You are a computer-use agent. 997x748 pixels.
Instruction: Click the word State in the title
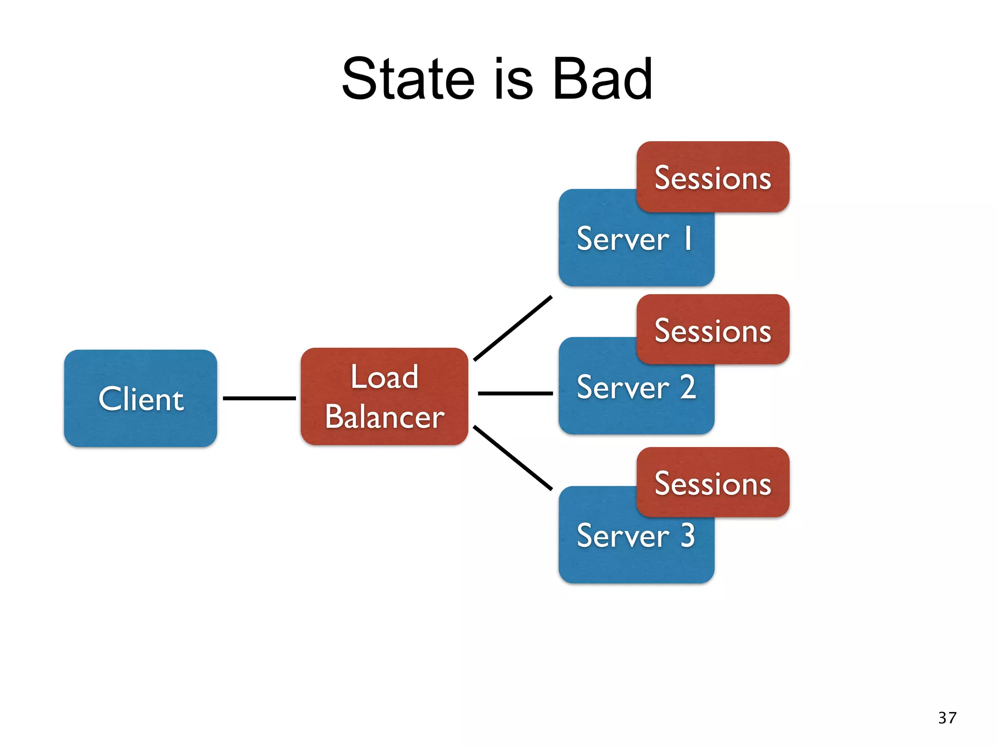click(x=408, y=79)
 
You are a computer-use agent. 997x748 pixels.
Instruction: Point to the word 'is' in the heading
click(x=514, y=79)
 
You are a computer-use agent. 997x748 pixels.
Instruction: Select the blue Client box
click(x=141, y=398)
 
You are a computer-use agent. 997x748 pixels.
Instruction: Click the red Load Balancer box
click(x=385, y=396)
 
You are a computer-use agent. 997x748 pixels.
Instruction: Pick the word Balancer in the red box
click(x=385, y=417)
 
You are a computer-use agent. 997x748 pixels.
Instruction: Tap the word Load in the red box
click(x=385, y=377)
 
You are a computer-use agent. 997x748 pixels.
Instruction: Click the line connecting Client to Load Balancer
click(x=259, y=398)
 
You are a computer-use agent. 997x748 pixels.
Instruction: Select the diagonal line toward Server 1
click(x=513, y=328)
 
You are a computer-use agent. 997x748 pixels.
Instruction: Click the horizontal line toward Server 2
click(x=515, y=393)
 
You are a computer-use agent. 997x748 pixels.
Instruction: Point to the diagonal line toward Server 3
click(x=513, y=458)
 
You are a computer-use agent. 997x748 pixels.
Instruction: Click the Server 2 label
click(x=636, y=388)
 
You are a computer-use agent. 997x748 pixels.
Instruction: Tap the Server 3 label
click(x=636, y=536)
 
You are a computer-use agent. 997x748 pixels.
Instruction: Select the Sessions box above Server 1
click(x=713, y=177)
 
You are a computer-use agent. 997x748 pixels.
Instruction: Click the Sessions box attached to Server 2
click(x=713, y=330)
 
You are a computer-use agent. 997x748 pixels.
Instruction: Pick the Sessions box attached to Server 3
click(x=713, y=483)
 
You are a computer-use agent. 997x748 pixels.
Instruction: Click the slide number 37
click(x=947, y=718)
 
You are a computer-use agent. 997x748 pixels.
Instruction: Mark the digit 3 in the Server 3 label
click(x=687, y=535)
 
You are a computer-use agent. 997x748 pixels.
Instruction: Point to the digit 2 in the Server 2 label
click(x=687, y=387)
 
